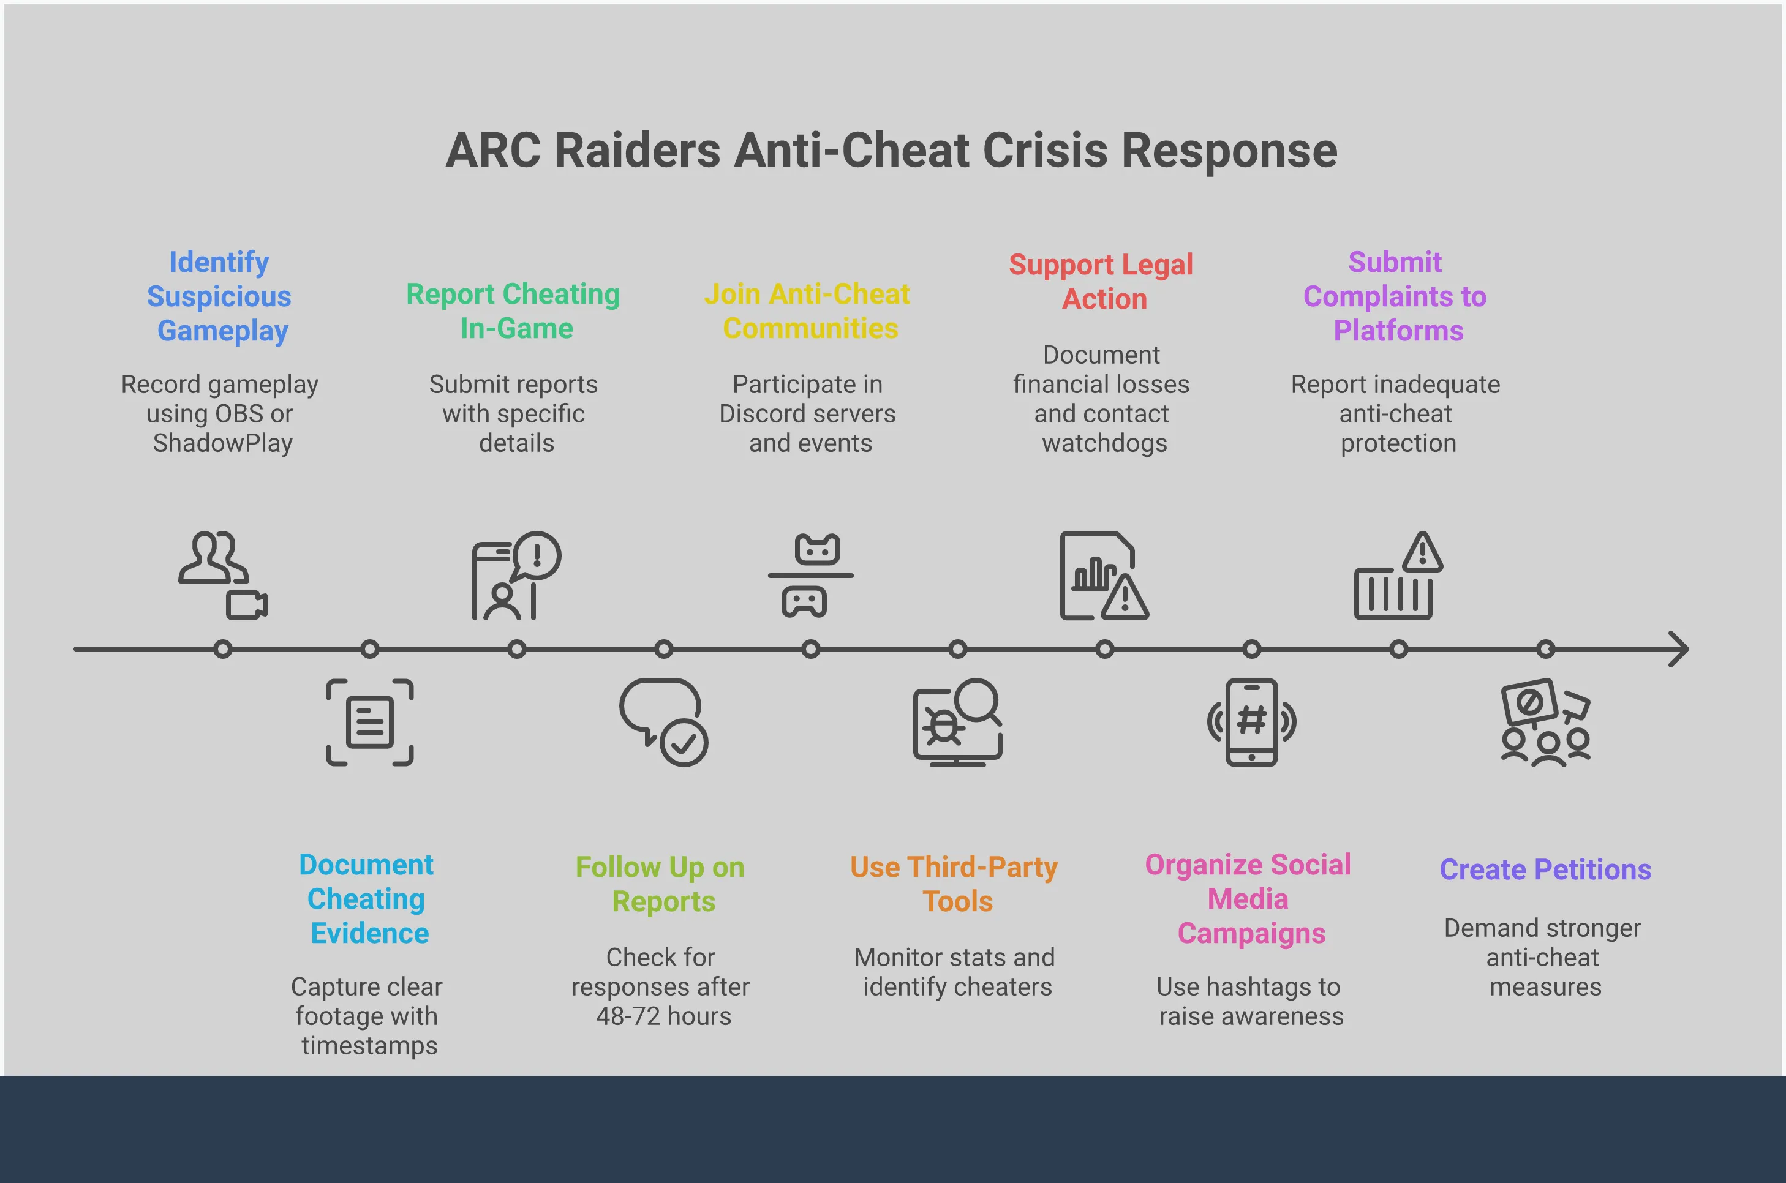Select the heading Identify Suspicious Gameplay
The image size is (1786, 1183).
tap(219, 296)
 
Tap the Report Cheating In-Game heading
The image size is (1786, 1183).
tap(514, 311)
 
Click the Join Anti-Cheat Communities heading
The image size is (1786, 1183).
tap(808, 311)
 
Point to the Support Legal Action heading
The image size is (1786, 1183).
tap(1102, 282)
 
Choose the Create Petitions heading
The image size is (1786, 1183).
tap(1545, 870)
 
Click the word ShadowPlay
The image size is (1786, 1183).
tap(222, 443)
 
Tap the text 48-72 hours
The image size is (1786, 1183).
tap(663, 1016)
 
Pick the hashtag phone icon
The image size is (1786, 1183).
tap(1252, 722)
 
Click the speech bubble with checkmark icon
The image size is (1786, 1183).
tap(663, 722)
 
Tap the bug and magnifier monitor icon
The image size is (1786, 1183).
tap(957, 722)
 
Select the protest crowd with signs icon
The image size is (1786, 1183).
tap(1545, 722)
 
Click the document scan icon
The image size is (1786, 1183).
tap(370, 722)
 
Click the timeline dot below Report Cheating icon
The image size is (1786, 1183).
tap(517, 649)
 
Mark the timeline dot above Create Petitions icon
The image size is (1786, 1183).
tap(1545, 649)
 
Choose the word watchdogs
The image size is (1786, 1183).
tap(1105, 443)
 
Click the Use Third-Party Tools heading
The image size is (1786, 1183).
tap(954, 884)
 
